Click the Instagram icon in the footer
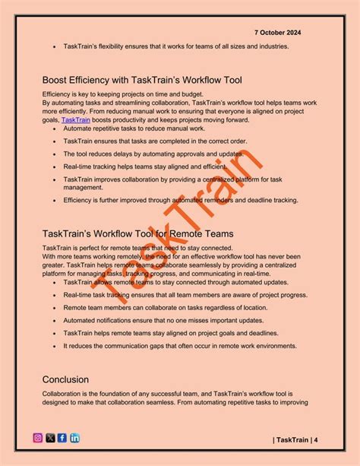coord(38,438)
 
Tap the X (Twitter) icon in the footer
coord(50,438)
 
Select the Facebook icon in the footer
coord(62,438)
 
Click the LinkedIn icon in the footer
coord(74,438)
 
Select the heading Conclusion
coord(66,379)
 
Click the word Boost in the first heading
coord(58,79)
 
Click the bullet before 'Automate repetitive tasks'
coord(54,130)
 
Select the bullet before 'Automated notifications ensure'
coord(54,321)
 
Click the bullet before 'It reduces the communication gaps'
coord(54,345)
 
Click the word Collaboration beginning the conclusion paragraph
coord(65,393)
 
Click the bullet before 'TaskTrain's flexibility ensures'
coord(54,46)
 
